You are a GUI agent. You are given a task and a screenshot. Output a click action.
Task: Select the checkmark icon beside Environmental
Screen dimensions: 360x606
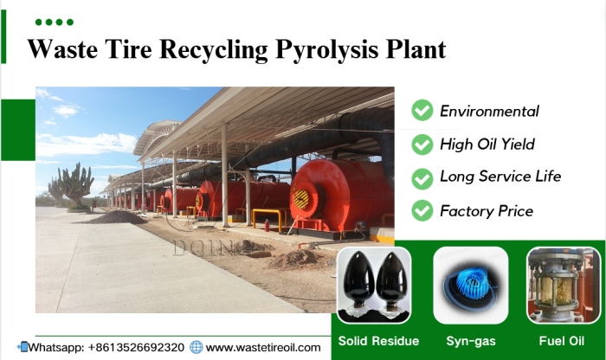pyautogui.click(x=422, y=111)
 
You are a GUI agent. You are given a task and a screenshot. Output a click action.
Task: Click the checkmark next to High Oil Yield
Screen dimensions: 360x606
pyautogui.click(x=422, y=144)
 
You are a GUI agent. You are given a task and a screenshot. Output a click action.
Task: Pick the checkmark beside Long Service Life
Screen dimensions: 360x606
pyautogui.click(x=422, y=177)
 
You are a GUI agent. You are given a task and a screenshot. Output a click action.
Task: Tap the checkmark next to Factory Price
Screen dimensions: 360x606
pyautogui.click(x=422, y=210)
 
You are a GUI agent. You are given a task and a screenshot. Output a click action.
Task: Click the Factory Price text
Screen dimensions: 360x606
pyautogui.click(x=487, y=210)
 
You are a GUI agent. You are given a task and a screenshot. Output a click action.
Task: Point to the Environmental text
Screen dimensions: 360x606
pyautogui.click(x=489, y=112)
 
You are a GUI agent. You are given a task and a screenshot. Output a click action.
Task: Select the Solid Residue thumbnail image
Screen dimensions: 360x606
pyautogui.click(x=374, y=286)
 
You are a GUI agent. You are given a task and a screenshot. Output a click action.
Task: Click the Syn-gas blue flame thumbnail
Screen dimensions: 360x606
pyautogui.click(x=470, y=286)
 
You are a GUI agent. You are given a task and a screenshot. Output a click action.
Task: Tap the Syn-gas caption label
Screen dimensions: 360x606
pyautogui.click(x=470, y=340)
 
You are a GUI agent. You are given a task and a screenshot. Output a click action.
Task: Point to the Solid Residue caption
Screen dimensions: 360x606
pyautogui.click(x=378, y=340)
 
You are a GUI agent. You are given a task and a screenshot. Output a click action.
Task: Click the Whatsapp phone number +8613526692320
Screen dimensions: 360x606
pyautogui.click(x=137, y=347)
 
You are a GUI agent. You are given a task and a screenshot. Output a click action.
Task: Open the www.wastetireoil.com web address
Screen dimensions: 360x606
pyautogui.click(x=263, y=347)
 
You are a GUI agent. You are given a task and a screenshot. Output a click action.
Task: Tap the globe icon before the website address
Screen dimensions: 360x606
pyautogui.click(x=197, y=347)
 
